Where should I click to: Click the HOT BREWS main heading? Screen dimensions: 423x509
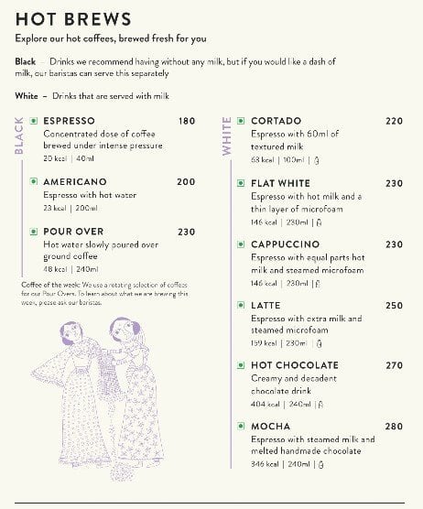tap(73, 19)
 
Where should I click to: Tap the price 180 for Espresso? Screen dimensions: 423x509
tap(187, 121)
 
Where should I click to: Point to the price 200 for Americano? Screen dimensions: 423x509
tap(187, 182)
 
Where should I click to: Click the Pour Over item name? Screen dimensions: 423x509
tap(73, 232)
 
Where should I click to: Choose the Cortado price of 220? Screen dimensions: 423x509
tap(394, 121)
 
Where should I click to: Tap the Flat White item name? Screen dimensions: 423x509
tap(280, 183)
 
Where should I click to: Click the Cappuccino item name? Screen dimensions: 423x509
tap(285, 244)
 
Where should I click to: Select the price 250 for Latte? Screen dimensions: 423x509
tap(394, 306)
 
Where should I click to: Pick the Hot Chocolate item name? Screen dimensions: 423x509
tap(294, 365)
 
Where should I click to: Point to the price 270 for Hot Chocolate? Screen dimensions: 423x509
tap(394, 365)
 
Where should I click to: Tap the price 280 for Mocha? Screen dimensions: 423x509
tap(394, 427)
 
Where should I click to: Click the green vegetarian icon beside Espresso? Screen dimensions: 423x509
tap(34, 121)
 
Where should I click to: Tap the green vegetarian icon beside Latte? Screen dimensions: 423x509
tap(241, 306)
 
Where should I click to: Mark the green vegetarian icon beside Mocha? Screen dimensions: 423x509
tap(241, 427)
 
